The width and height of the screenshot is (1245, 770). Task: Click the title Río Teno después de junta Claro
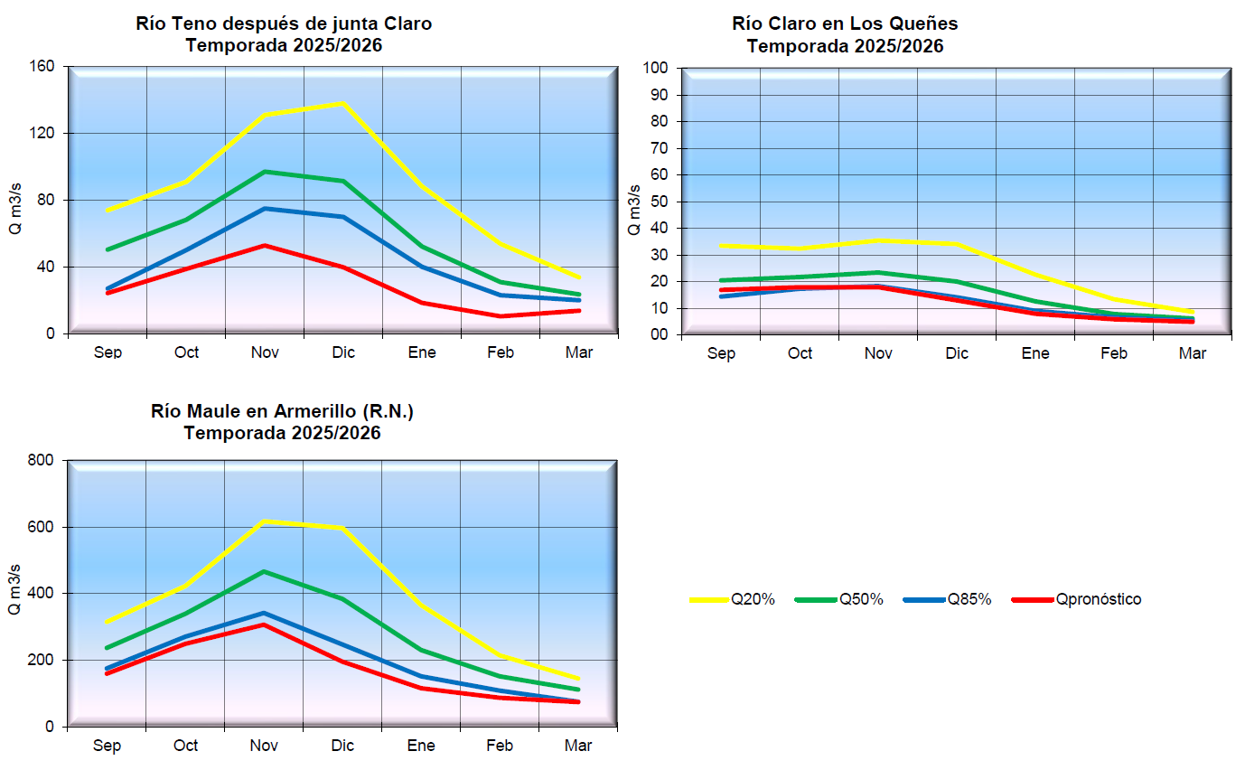(x=284, y=23)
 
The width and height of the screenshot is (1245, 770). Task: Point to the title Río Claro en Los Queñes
(x=845, y=23)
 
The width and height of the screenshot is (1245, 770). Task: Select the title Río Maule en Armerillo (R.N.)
(x=282, y=411)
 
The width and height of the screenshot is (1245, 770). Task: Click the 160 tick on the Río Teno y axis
(x=45, y=67)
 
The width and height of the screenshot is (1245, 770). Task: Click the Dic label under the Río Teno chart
(x=343, y=352)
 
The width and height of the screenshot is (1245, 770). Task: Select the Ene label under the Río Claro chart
(x=1035, y=353)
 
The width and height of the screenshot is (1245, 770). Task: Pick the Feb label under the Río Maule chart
(x=500, y=746)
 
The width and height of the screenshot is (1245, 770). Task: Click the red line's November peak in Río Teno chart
(x=265, y=245)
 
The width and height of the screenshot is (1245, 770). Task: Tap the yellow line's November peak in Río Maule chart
(x=265, y=521)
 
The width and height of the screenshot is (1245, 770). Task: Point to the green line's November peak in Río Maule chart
(x=265, y=571)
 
